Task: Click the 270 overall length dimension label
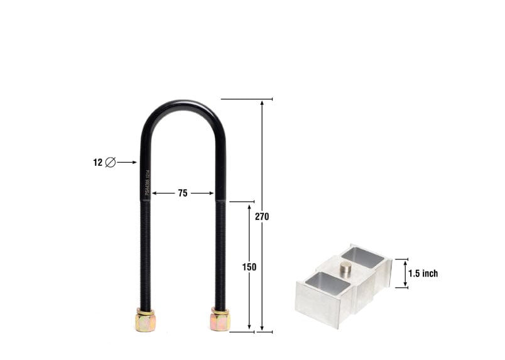(x=262, y=217)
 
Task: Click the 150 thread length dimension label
(x=249, y=267)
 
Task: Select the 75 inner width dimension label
(x=182, y=194)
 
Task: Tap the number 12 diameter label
(x=97, y=162)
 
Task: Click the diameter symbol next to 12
(x=111, y=162)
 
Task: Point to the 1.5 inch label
(x=423, y=273)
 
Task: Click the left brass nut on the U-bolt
(x=144, y=320)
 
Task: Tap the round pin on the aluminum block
(x=345, y=268)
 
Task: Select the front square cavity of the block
(x=327, y=284)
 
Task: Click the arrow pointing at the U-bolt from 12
(x=127, y=162)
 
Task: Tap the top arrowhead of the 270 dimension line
(x=262, y=102)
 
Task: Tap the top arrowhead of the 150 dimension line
(x=249, y=206)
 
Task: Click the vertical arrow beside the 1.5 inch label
(x=405, y=274)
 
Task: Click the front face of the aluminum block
(x=317, y=305)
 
